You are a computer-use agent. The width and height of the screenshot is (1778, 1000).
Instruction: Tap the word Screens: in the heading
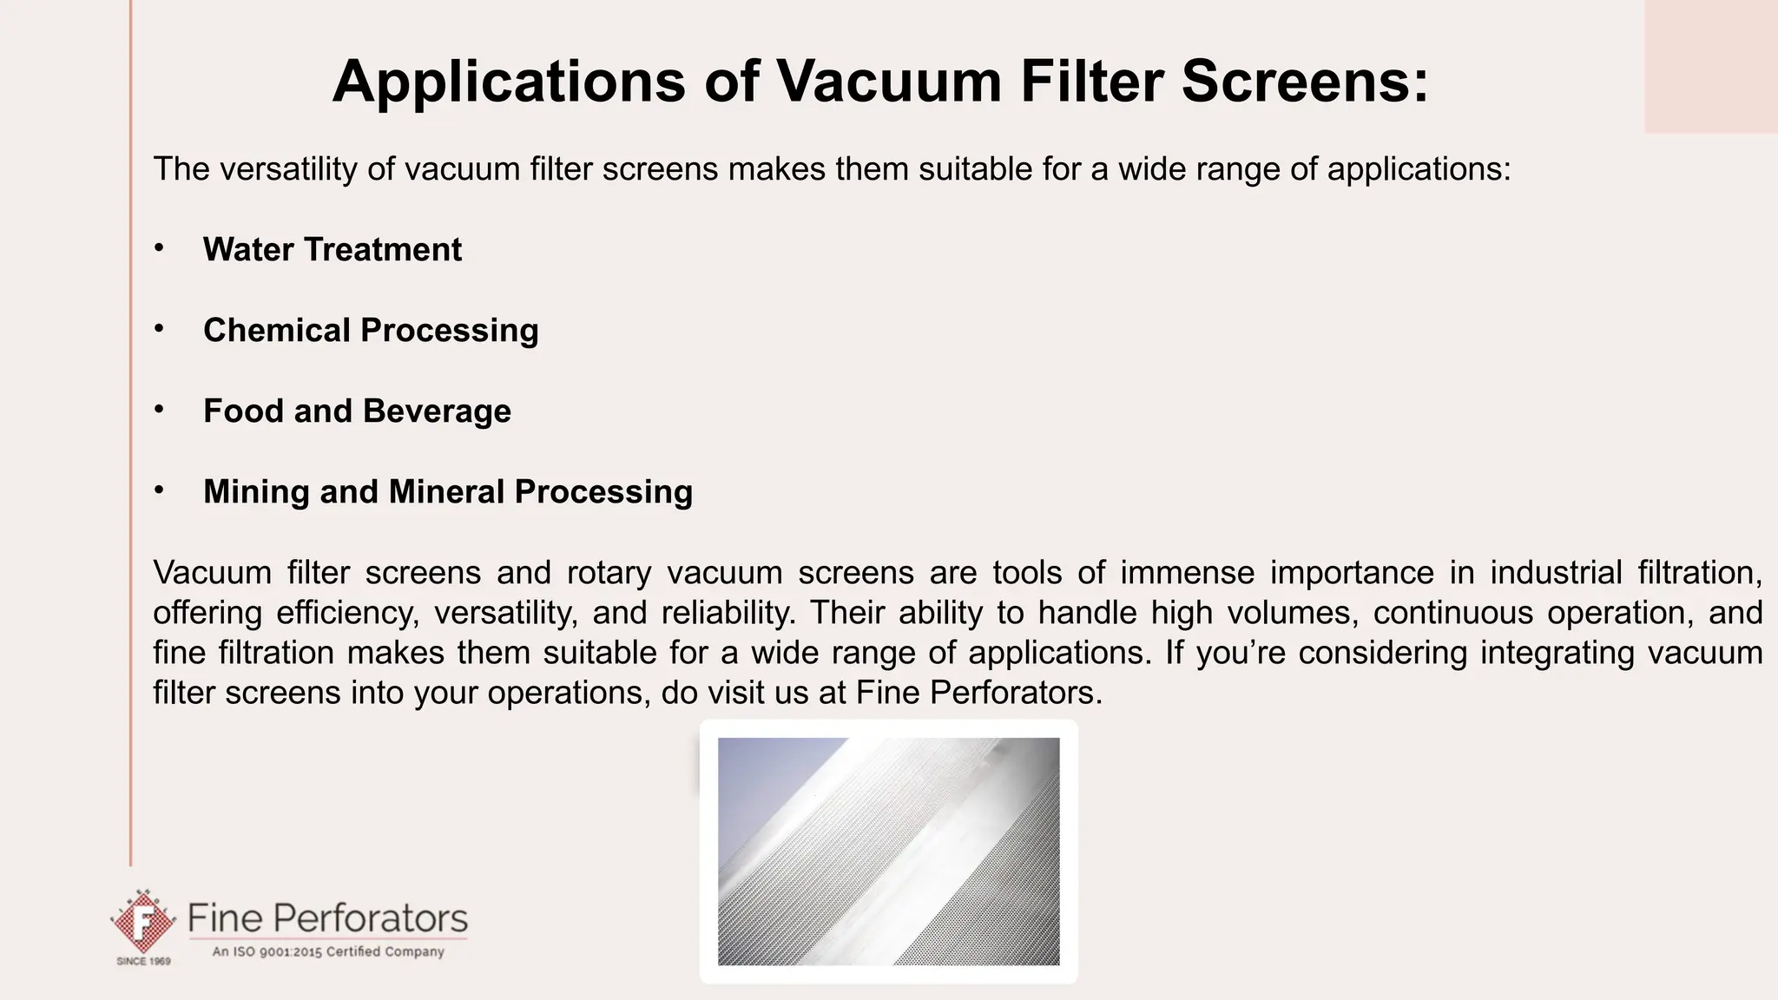click(1304, 82)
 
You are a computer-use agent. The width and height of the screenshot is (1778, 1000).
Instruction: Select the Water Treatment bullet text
click(332, 250)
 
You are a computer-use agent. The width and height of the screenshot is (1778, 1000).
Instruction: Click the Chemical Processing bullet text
click(371, 331)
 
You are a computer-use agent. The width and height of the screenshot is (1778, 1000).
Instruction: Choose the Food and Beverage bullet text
click(357, 411)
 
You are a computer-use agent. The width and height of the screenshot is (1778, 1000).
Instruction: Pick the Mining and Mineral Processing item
click(447, 492)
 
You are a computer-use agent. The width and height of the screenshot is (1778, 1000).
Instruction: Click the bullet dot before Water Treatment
click(159, 248)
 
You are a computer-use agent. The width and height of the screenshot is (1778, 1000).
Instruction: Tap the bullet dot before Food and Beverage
click(159, 410)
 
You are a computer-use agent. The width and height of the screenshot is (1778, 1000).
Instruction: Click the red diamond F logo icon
click(142, 924)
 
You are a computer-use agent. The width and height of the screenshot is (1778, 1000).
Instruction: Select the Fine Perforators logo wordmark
click(327, 918)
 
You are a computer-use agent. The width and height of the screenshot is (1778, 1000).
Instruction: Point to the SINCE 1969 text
click(143, 962)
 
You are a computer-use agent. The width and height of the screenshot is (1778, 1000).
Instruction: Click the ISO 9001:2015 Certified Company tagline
click(328, 951)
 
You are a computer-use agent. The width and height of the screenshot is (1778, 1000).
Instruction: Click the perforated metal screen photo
click(888, 851)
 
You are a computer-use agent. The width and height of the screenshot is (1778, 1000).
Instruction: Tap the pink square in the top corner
click(1710, 66)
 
